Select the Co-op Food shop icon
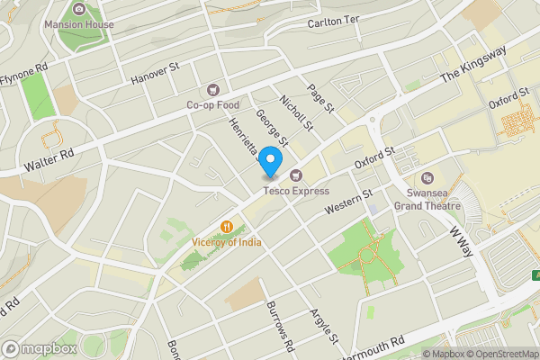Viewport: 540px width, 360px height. tap(213, 89)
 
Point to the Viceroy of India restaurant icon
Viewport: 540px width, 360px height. tap(228, 228)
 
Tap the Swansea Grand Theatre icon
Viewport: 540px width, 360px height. tap(427, 178)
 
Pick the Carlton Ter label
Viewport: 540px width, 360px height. tap(333, 22)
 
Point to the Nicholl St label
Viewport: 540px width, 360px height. tap(295, 113)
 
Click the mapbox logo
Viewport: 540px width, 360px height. tap(40, 348)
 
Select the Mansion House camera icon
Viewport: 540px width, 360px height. tap(79, 9)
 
